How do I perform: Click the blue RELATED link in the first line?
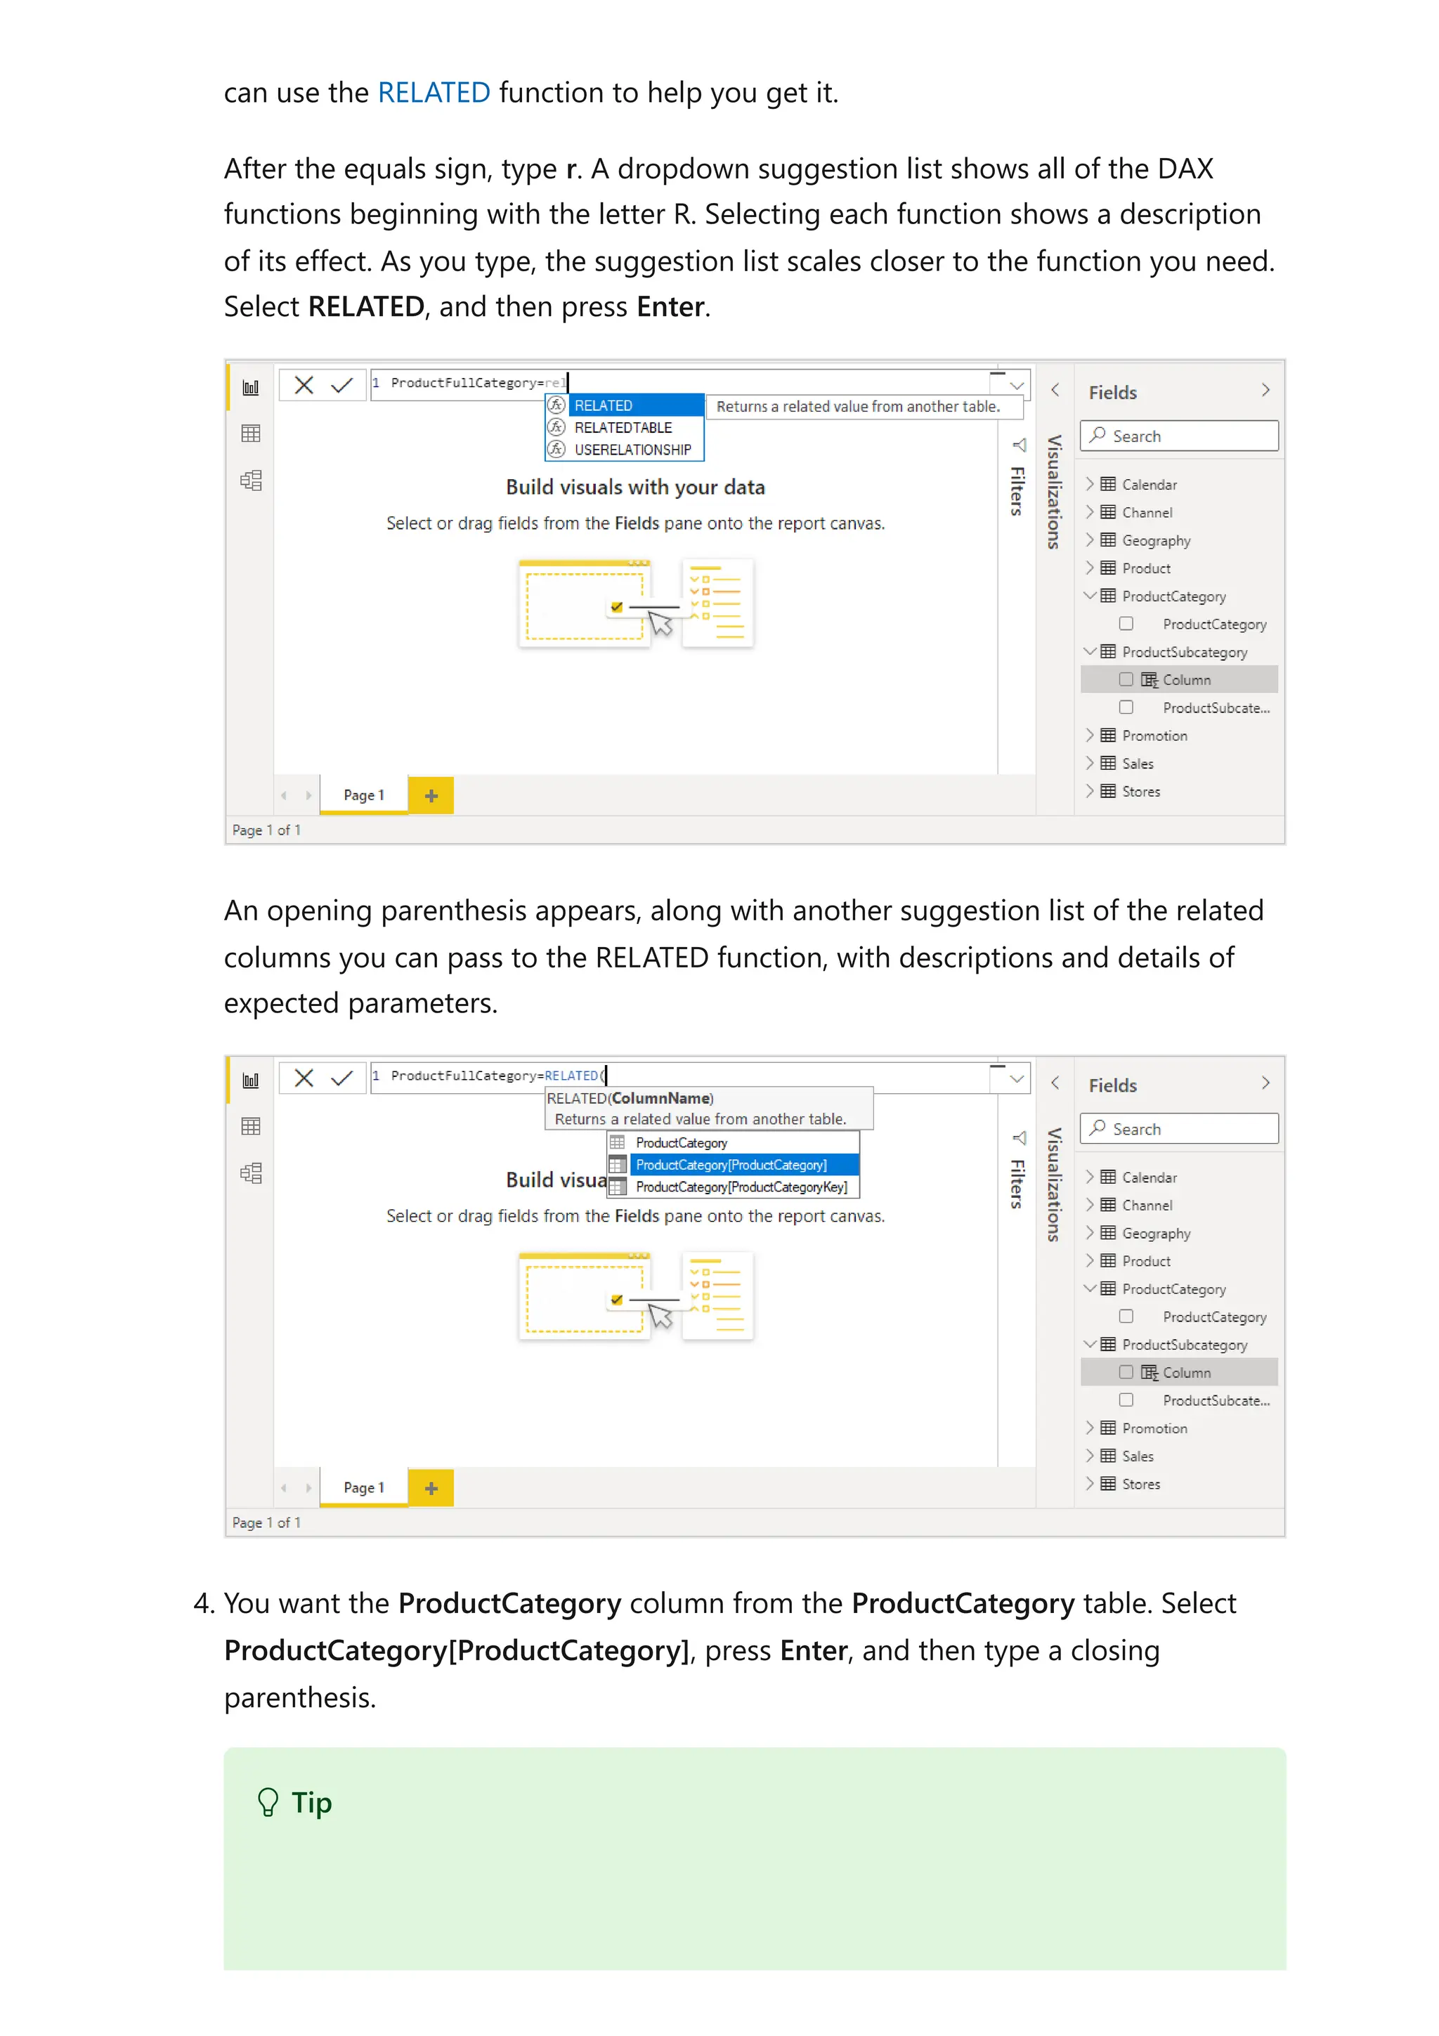[434, 92]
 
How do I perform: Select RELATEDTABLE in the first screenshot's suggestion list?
[623, 427]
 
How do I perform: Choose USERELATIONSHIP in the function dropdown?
[632, 450]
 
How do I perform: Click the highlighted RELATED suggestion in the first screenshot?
[603, 405]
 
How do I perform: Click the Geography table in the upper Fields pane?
[1155, 541]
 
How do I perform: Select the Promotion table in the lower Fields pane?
[1154, 1428]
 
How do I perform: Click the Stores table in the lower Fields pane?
[1140, 1484]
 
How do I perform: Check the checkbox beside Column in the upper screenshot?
[1126, 679]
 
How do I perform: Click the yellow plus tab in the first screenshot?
[431, 795]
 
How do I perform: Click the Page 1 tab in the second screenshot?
[363, 1487]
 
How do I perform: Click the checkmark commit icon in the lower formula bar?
[341, 1078]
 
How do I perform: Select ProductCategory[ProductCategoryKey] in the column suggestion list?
[741, 1187]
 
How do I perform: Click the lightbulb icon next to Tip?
[268, 1802]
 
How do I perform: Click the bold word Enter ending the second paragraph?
[670, 307]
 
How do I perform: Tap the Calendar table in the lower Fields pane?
[1149, 1177]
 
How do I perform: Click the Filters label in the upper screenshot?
[1017, 490]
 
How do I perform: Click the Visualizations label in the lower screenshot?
[1053, 1184]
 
